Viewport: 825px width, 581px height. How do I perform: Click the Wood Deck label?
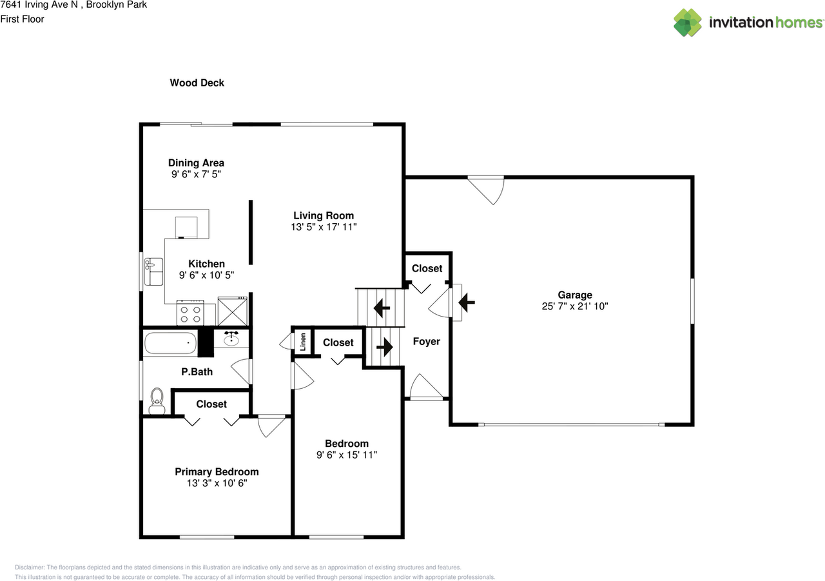click(x=197, y=83)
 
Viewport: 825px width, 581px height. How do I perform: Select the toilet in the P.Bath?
click(x=157, y=400)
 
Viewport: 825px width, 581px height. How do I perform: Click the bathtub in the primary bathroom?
click(x=170, y=343)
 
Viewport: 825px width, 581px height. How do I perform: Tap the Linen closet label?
click(x=302, y=342)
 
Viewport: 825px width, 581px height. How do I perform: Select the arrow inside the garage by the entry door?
click(x=466, y=301)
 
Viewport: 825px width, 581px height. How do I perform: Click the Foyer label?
click(x=426, y=341)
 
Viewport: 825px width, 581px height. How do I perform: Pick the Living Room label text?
click(x=324, y=215)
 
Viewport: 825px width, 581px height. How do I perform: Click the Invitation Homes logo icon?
click(x=688, y=23)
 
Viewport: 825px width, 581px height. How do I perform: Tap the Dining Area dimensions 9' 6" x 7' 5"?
click(x=197, y=174)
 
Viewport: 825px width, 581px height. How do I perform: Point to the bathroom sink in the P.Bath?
click(x=232, y=339)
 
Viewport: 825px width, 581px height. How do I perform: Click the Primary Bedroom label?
click(x=217, y=471)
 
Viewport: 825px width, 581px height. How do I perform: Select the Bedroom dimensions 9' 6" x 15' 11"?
click(x=347, y=455)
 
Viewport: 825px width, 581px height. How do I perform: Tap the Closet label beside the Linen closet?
click(x=338, y=342)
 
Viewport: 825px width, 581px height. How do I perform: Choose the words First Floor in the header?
click(x=23, y=19)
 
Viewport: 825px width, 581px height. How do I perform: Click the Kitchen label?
click(x=206, y=263)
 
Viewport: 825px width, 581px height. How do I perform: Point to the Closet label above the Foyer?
click(x=427, y=268)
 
